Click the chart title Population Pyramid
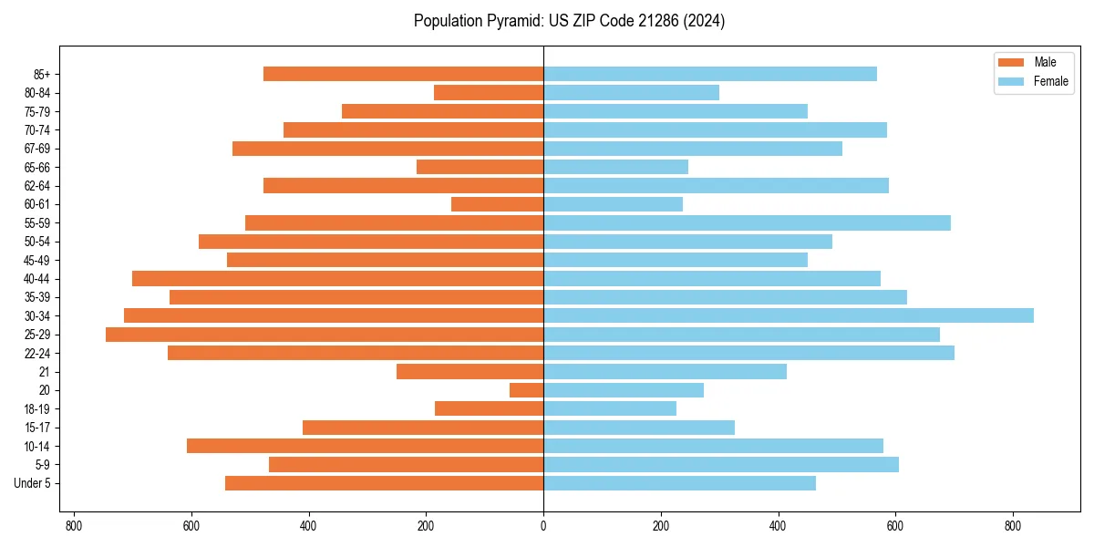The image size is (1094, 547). click(x=569, y=21)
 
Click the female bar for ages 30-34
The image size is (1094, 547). click(x=789, y=315)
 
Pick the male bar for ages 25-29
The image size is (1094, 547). click(x=325, y=335)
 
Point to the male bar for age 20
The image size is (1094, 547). click(x=527, y=390)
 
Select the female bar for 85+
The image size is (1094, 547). click(x=710, y=74)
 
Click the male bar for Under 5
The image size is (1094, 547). click(x=384, y=483)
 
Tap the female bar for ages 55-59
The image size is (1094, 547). click(x=747, y=222)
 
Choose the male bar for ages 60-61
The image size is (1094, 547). click(x=498, y=204)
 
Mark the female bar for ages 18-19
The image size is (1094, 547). click(x=610, y=408)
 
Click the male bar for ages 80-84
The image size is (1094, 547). click(x=489, y=92)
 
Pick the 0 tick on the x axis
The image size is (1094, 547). click(x=543, y=526)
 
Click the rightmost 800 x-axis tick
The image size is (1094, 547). click(x=1013, y=526)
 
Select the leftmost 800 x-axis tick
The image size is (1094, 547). click(x=74, y=526)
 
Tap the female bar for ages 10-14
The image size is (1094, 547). click(x=713, y=446)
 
